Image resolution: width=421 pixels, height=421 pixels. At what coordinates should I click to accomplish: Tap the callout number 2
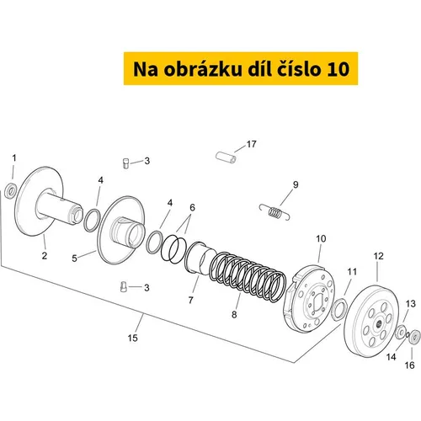click(x=45, y=256)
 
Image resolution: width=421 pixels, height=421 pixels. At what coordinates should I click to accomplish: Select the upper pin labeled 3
click(x=126, y=163)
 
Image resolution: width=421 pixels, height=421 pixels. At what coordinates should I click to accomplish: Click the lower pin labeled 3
click(x=124, y=286)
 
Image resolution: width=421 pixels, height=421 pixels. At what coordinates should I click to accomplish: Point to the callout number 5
click(x=74, y=258)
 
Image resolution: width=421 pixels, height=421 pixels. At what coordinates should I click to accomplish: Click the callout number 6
click(x=192, y=207)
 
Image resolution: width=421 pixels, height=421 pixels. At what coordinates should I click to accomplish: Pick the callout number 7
click(x=191, y=300)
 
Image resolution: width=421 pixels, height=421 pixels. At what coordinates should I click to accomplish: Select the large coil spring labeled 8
click(x=248, y=277)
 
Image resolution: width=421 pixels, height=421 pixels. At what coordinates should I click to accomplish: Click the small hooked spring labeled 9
click(x=274, y=212)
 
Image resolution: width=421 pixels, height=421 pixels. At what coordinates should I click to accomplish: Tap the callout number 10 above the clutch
click(x=321, y=238)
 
